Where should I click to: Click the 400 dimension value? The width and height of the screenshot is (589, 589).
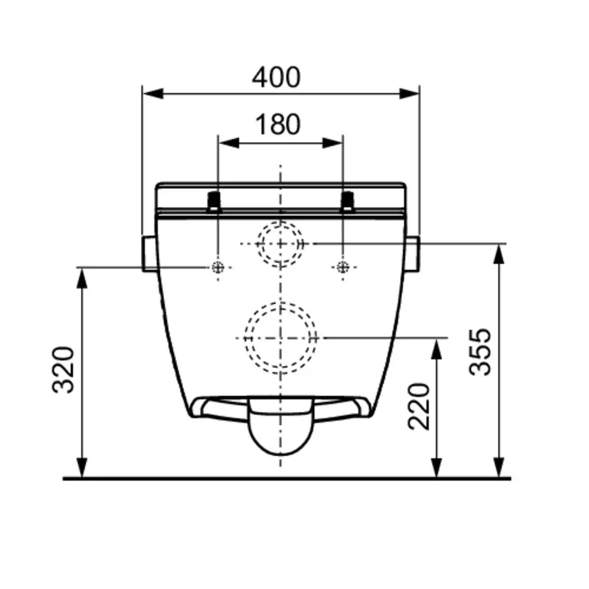click(276, 77)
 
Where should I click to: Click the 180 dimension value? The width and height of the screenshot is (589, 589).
click(277, 124)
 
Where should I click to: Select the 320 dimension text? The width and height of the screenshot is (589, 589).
click(64, 369)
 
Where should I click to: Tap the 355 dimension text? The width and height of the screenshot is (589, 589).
click(482, 352)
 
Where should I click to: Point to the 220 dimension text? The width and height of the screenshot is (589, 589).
click(419, 406)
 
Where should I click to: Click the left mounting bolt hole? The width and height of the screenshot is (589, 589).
click(218, 267)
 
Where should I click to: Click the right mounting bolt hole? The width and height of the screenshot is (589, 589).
click(342, 267)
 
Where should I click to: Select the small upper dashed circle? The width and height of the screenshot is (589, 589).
click(280, 243)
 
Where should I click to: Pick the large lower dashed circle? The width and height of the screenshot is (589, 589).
click(280, 337)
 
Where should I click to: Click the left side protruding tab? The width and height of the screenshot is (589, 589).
click(150, 253)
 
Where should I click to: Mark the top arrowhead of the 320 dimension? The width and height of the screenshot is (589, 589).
click(82, 277)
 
